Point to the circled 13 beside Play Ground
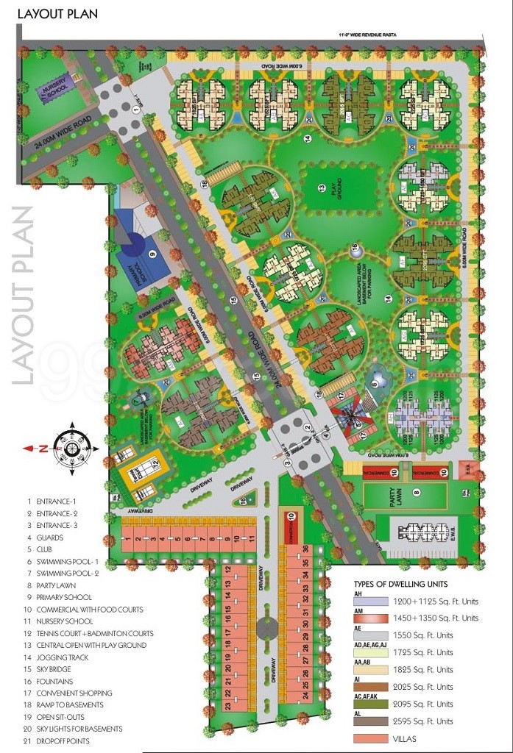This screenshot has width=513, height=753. (x=322, y=189)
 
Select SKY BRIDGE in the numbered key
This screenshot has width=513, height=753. (x=57, y=669)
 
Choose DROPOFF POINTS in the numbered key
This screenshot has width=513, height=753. (x=63, y=740)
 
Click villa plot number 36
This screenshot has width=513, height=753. (x=305, y=549)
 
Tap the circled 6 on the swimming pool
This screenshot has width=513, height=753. (x=375, y=382)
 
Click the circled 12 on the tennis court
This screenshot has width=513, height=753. (x=156, y=463)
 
